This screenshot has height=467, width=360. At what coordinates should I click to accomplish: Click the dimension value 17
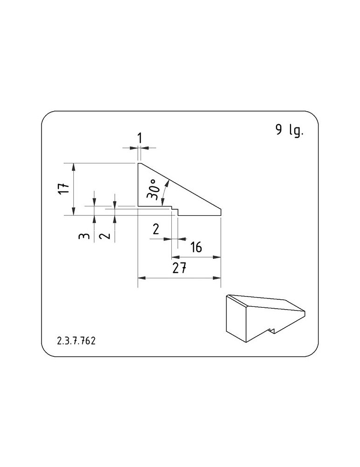click(64, 188)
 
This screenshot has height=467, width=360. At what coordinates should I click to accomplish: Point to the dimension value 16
click(196, 247)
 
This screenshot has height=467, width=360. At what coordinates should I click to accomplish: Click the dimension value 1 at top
click(139, 138)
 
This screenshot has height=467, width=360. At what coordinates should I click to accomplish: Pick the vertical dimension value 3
click(84, 236)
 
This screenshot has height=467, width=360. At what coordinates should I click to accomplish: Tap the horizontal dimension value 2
click(156, 229)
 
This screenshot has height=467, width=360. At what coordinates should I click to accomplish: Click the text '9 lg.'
click(289, 130)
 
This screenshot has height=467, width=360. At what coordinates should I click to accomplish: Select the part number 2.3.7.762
click(76, 341)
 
